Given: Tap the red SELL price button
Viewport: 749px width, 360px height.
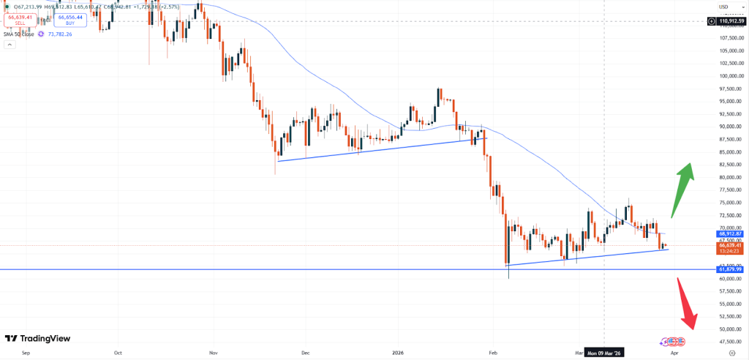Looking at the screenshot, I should [20, 20].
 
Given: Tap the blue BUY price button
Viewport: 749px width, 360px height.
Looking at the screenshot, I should [71, 20].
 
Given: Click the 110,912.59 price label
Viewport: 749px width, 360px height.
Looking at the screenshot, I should [730, 21].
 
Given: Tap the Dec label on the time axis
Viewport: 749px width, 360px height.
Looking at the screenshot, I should [305, 352].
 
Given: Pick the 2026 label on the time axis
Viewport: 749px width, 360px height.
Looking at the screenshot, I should [399, 352].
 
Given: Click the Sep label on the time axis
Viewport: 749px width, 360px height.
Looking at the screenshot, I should [26, 352].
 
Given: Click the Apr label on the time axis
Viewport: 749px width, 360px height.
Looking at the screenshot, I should [674, 352].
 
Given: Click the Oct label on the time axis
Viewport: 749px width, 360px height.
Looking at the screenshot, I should [118, 352].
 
